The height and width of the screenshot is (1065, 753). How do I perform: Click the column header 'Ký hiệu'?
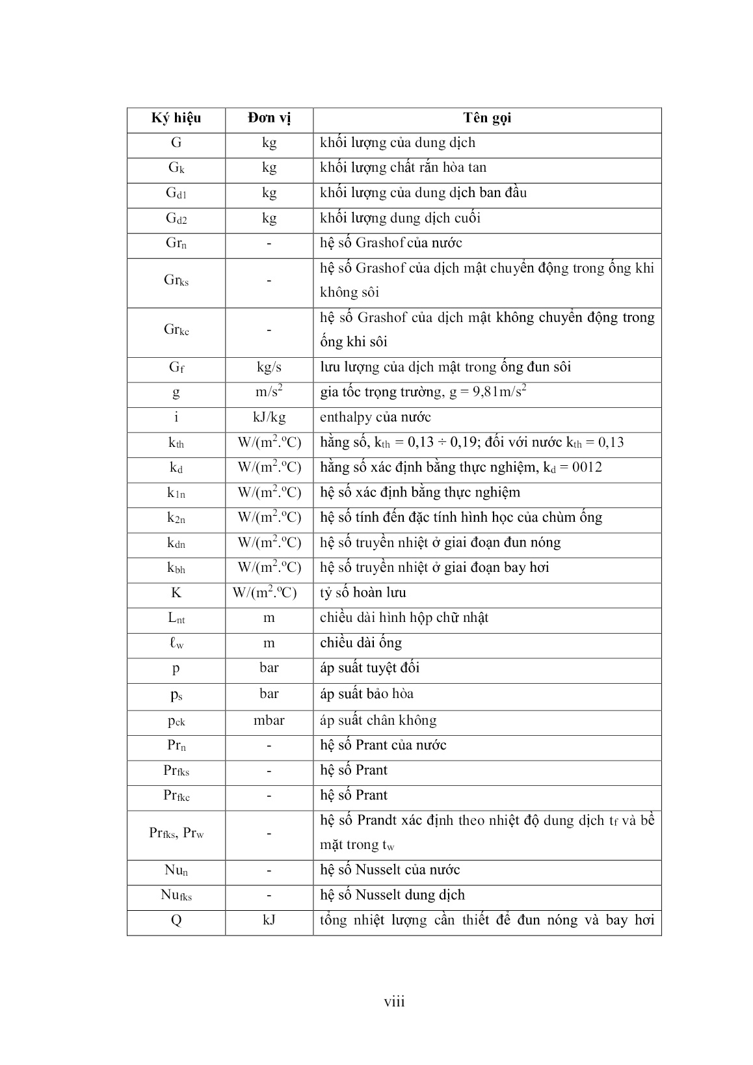pos(176,118)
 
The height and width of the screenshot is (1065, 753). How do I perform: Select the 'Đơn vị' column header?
pos(269,118)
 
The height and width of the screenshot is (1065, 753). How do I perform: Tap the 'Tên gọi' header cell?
pos(487,118)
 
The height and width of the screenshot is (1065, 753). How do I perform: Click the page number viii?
pos(394,1001)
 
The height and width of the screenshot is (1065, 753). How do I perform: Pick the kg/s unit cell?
pos(269,367)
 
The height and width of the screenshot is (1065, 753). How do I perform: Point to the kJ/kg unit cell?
pos(269,417)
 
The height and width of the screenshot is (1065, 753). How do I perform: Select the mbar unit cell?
pos(269,720)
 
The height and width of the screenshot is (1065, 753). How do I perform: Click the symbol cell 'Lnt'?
pos(176,618)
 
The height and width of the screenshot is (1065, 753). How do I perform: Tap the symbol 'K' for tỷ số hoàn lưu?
pos(176,593)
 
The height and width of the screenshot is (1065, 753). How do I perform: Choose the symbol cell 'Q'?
pos(176,921)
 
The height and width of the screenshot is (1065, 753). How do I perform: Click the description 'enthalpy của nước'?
pos(375,417)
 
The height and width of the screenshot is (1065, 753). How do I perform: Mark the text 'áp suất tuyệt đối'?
pos(369,668)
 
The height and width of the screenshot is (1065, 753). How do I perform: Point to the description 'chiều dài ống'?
pos(361,643)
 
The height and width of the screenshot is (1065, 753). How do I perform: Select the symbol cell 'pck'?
pos(176,721)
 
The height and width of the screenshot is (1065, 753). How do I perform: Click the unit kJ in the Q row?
pos(269,921)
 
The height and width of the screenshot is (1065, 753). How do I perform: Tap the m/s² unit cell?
pos(269,392)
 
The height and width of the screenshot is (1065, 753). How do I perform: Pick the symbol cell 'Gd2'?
pos(176,219)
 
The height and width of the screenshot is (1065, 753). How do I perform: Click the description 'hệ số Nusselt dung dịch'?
pos(392,895)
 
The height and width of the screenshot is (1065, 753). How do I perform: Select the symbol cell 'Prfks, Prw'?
pos(176,833)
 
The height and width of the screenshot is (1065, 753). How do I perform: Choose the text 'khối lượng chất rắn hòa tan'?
pos(403,168)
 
